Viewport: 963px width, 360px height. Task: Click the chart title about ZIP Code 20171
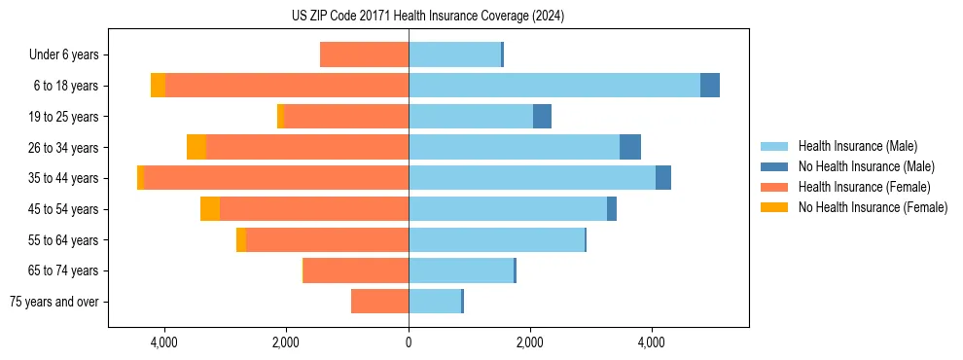click(x=428, y=17)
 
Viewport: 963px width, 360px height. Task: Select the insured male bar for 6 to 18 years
click(x=554, y=86)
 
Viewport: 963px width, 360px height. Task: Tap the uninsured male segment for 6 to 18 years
click(x=710, y=86)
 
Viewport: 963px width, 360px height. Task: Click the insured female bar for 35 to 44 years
click(x=276, y=178)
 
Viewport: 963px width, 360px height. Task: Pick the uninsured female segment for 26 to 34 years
click(x=196, y=147)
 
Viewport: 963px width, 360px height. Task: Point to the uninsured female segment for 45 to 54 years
click(x=210, y=209)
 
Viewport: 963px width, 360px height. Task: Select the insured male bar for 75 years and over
click(x=435, y=302)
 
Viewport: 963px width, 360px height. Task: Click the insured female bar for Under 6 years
click(x=364, y=55)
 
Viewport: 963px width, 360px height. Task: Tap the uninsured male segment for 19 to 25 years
click(x=542, y=117)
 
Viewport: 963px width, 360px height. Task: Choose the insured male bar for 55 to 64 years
click(x=496, y=240)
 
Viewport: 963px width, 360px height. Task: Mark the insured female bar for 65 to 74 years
click(x=356, y=270)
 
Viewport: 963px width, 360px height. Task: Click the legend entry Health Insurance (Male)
click(x=857, y=146)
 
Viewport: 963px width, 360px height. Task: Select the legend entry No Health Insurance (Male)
click(x=866, y=166)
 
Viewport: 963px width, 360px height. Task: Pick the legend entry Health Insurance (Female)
click(x=864, y=187)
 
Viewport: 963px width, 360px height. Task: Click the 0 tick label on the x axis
click(x=409, y=342)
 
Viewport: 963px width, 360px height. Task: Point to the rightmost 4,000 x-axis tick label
click(x=652, y=342)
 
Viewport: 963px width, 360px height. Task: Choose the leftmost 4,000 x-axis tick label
click(x=164, y=342)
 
